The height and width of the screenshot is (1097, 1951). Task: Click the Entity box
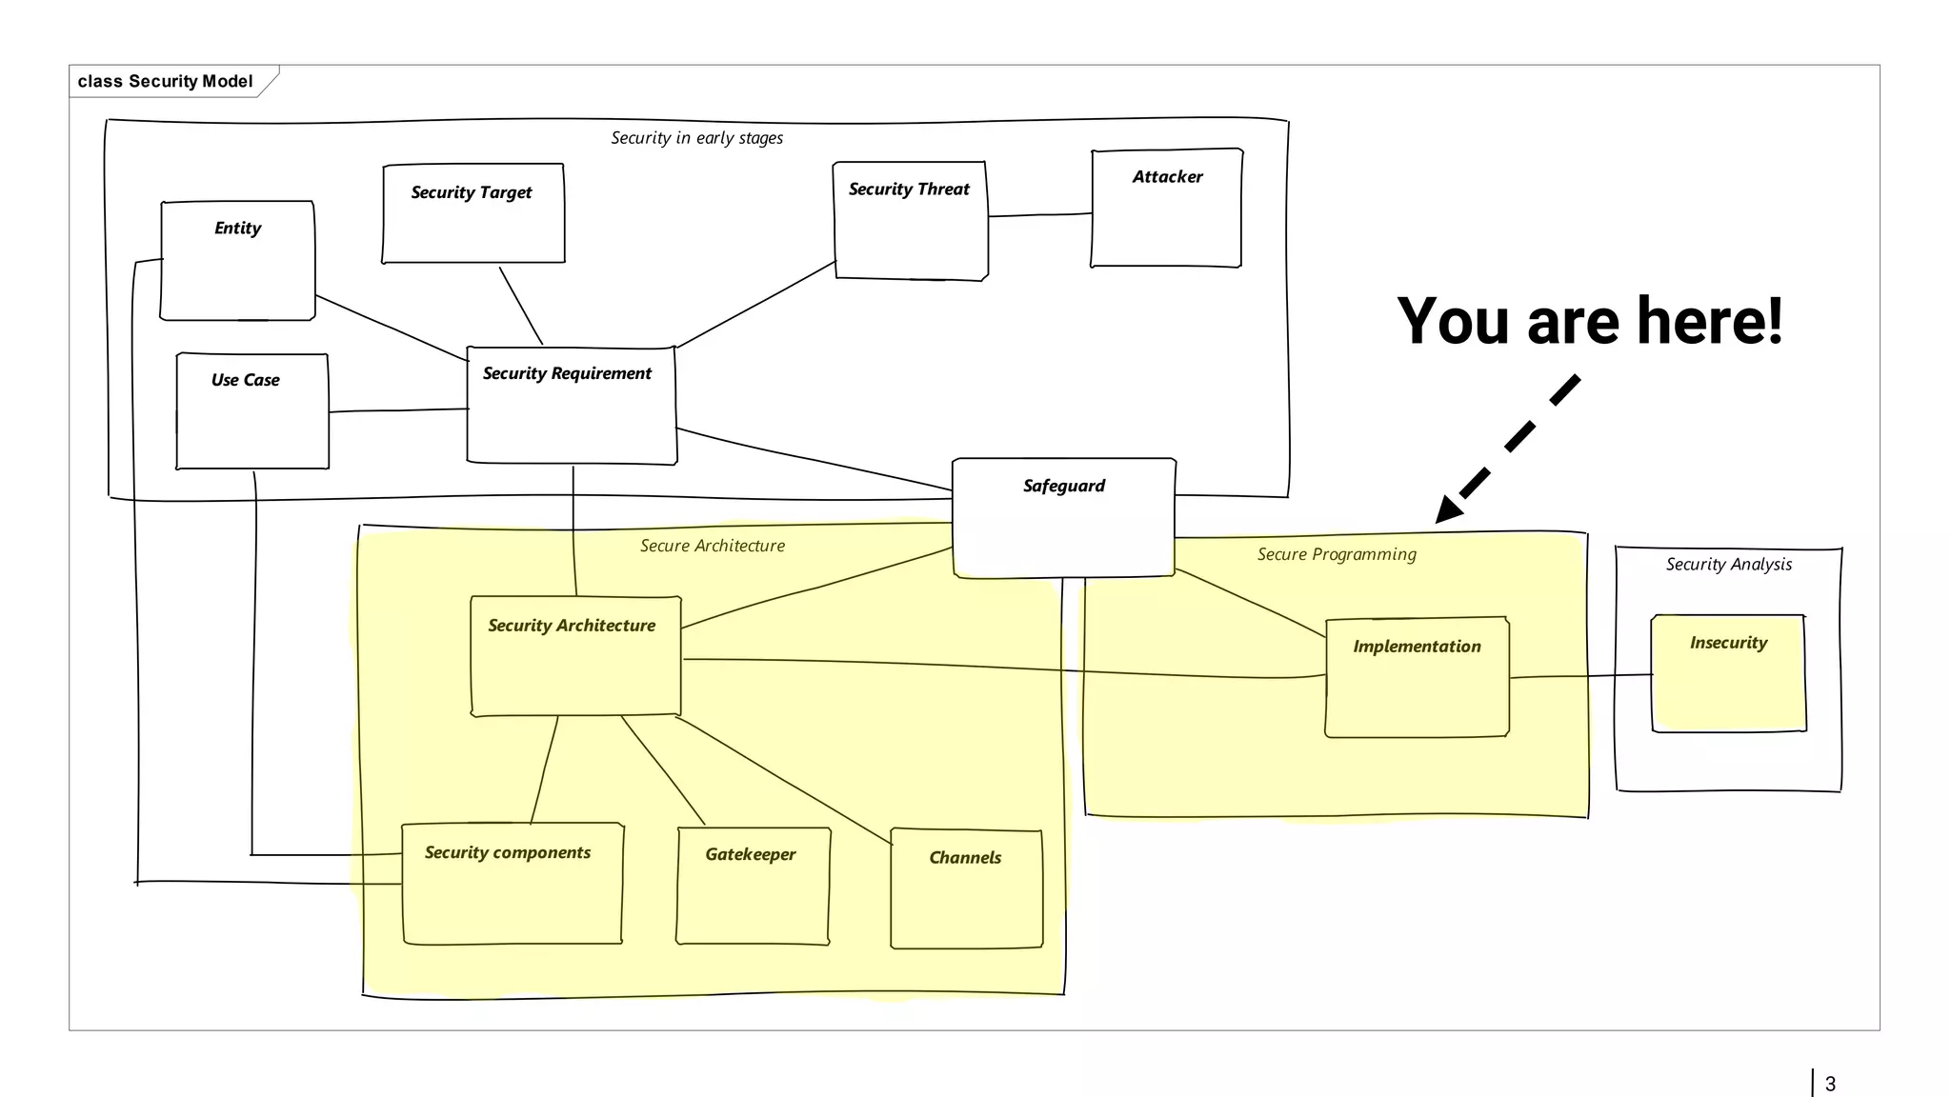pyautogui.click(x=237, y=261)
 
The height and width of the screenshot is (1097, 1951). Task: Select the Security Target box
pyautogui.click(x=473, y=213)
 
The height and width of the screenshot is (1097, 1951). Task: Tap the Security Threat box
pyautogui.click(x=910, y=221)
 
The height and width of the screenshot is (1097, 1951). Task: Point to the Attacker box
pyautogui.click(x=1166, y=209)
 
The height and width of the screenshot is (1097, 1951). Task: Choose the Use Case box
pyautogui.click(x=252, y=411)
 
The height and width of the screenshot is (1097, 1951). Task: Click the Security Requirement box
pyautogui.click(x=572, y=406)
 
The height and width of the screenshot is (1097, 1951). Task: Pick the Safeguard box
pyautogui.click(x=1063, y=517)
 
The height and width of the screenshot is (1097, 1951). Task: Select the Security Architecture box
pyautogui.click(x=575, y=656)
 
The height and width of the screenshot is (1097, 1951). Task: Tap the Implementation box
pyautogui.click(x=1417, y=677)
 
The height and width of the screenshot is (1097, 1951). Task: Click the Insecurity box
pyautogui.click(x=1728, y=673)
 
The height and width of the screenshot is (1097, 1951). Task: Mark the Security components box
pyautogui.click(x=512, y=884)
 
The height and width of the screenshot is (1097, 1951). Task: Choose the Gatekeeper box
pyautogui.click(x=753, y=886)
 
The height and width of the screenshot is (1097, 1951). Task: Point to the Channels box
pyautogui.click(x=966, y=889)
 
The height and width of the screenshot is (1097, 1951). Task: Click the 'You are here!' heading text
pyautogui.click(x=1589, y=321)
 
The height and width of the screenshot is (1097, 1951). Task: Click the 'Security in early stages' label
pyautogui.click(x=696, y=138)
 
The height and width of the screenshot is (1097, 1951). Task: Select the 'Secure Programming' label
pyautogui.click(x=1336, y=554)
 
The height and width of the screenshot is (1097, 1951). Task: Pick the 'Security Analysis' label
pyautogui.click(x=1728, y=564)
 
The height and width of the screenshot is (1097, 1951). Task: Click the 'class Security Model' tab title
pyautogui.click(x=165, y=81)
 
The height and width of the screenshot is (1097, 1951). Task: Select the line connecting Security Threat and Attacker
pyautogui.click(x=1039, y=215)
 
